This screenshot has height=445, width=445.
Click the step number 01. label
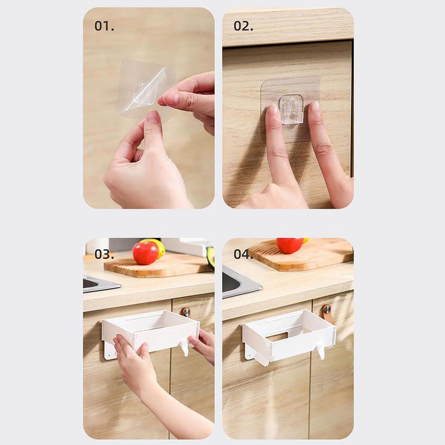pos(104,26)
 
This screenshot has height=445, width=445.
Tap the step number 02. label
pos(243,26)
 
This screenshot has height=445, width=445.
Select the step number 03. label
pos(104,254)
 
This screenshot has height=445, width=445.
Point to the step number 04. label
pos(243,254)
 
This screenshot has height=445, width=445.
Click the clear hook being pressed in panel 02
pos(291,108)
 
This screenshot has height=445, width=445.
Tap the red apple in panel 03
pos(145,253)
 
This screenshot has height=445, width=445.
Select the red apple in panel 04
pos(289,245)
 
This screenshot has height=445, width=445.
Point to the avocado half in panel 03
pos(211,257)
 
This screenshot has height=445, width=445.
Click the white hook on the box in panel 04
pos(320,352)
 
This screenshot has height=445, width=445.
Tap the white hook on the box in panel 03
pos(183,348)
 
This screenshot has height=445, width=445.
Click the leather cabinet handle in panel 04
pos(327,313)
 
